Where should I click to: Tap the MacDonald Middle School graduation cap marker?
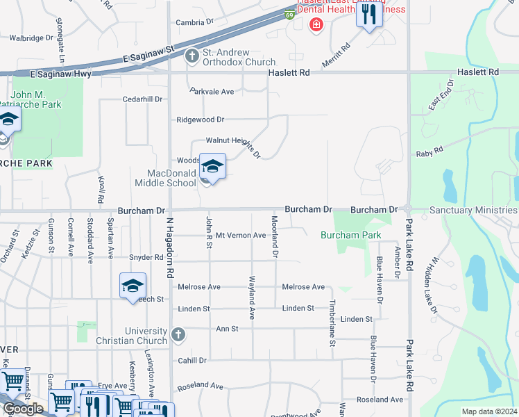pos(213,167)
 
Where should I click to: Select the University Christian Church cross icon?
pos(178,335)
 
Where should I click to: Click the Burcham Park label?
pos(350,236)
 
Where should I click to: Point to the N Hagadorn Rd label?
pos(168,247)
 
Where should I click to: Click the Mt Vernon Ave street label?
pos(241,236)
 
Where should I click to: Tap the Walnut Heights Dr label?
pos(232,144)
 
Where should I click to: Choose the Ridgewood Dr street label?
pos(201,120)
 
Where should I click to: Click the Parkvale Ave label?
pos(212,91)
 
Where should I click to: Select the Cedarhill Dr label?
pos(142,99)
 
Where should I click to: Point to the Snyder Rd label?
pos(146,257)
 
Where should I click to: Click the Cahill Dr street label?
pos(192,361)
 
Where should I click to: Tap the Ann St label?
pos(227,328)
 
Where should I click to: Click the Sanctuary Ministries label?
pos(473,209)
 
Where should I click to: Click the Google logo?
pos(24,408)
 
